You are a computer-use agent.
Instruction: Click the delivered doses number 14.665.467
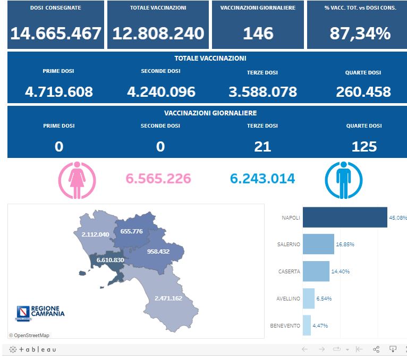(56, 34)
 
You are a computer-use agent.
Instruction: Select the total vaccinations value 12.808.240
(158, 34)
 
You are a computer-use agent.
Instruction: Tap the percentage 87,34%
(360, 34)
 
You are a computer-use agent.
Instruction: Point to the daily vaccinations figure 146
(258, 34)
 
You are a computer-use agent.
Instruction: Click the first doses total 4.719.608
(59, 91)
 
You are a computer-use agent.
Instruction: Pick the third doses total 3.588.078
(262, 91)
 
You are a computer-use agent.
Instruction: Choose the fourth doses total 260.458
(363, 91)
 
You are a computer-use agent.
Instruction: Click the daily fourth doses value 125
(364, 146)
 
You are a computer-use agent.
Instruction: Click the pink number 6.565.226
(158, 179)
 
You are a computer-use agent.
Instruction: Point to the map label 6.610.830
(111, 260)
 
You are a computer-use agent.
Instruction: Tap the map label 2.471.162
(168, 298)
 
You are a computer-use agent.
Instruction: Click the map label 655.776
(132, 231)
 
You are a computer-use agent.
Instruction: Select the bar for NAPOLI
(345, 217)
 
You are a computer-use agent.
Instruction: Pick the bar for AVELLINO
(309, 298)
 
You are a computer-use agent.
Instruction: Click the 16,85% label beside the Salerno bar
(345, 245)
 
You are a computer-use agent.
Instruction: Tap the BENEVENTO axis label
(285, 325)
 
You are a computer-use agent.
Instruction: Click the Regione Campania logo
(40, 313)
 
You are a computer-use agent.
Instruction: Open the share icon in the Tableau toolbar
(376, 349)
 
